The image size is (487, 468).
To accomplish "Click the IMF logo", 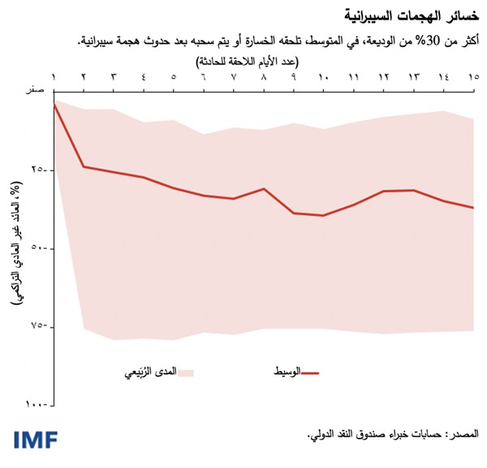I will click(36, 440).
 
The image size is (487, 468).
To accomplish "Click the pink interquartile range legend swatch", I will click(186, 373).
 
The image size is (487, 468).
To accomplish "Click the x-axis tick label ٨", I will click(264, 77).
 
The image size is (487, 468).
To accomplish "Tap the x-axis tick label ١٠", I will click(323, 77).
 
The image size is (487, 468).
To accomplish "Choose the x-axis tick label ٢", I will click(84, 77).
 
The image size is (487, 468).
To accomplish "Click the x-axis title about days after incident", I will click(259, 61).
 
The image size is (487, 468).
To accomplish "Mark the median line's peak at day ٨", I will click(264, 188).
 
